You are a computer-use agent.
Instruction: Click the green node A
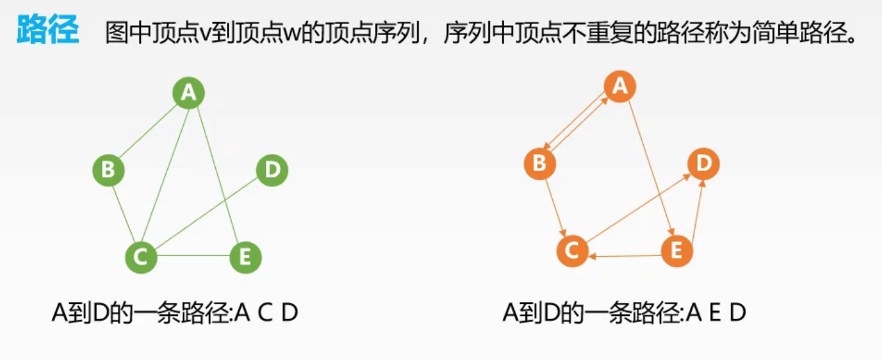189,93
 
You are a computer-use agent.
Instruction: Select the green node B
109,170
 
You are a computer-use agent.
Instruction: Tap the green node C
141,257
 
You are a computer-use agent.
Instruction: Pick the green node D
272,170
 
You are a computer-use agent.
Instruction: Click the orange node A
619,86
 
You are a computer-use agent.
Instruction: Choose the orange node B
540,163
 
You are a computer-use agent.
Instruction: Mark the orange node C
572,250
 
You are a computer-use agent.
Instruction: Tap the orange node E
677,251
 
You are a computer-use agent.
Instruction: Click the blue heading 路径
47,31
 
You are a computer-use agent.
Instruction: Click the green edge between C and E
193,255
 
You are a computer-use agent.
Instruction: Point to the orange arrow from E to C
625,255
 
